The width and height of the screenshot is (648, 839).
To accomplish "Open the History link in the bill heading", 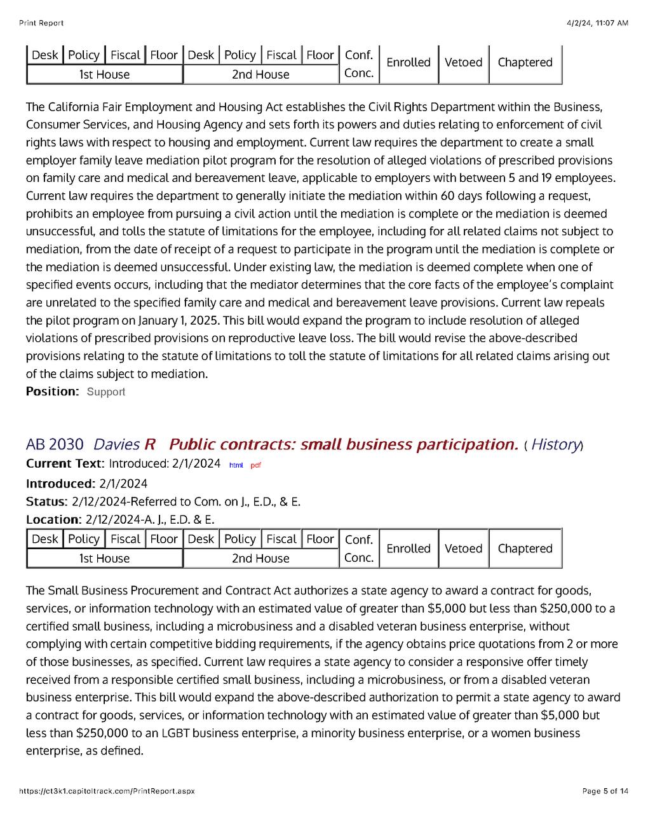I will pos(555,444).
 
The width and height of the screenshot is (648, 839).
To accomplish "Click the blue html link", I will pos(236,465).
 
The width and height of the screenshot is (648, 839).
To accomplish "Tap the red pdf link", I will pos(255,465).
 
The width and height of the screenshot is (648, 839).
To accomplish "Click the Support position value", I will pos(106,392).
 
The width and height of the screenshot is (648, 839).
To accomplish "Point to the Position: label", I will pos(53,391).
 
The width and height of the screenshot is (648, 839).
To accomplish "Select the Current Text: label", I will pos(64,463).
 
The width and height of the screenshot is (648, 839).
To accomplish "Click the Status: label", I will pos(46,501).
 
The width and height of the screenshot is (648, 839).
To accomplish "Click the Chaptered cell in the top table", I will pos(525,62).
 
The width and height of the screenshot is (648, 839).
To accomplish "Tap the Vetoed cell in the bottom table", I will pos(463,548).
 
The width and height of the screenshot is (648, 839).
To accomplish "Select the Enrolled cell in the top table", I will pos(408,62).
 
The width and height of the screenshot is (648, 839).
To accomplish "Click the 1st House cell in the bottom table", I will pos(104,558).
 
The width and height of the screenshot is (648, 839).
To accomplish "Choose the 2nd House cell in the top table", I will pos(260,74).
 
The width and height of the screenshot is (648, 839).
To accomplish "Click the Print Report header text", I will pos(41,23).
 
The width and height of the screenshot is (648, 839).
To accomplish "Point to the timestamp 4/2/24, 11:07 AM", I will pos(597,23).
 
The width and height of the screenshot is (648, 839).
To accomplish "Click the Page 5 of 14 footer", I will pos(605,791).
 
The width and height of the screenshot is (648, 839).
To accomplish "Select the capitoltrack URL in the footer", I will pos(107,791).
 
